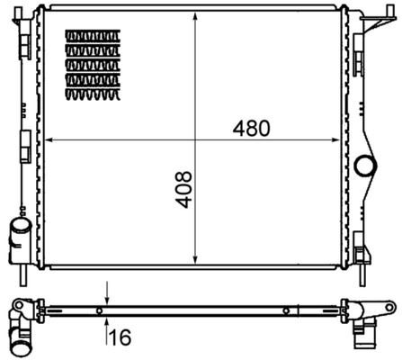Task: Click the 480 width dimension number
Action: pyautogui.click(x=251, y=128)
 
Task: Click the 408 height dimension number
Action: pyautogui.click(x=183, y=191)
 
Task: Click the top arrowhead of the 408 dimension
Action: pyautogui.click(x=195, y=19)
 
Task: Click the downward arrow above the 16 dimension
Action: pyautogui.click(x=107, y=299)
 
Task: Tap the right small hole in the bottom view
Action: pyautogui.click(x=285, y=311)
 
